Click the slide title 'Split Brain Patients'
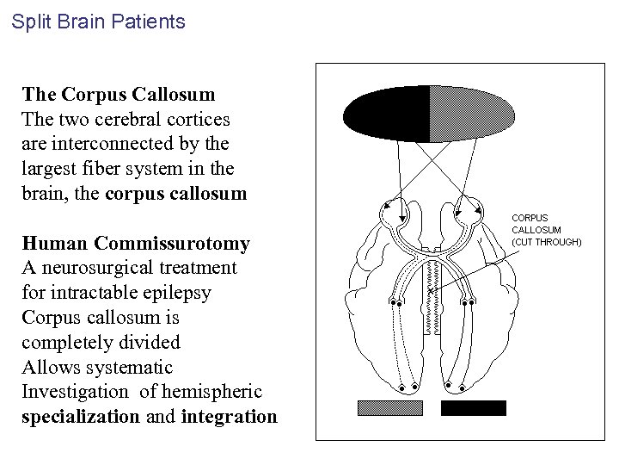[x=98, y=22]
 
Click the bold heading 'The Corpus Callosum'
[x=119, y=93]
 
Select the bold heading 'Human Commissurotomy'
[x=136, y=244]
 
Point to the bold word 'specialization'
[x=81, y=418]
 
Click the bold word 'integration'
[x=230, y=418]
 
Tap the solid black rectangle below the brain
[x=473, y=408]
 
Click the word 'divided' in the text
[x=149, y=343]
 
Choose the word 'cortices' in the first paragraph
[x=199, y=118]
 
